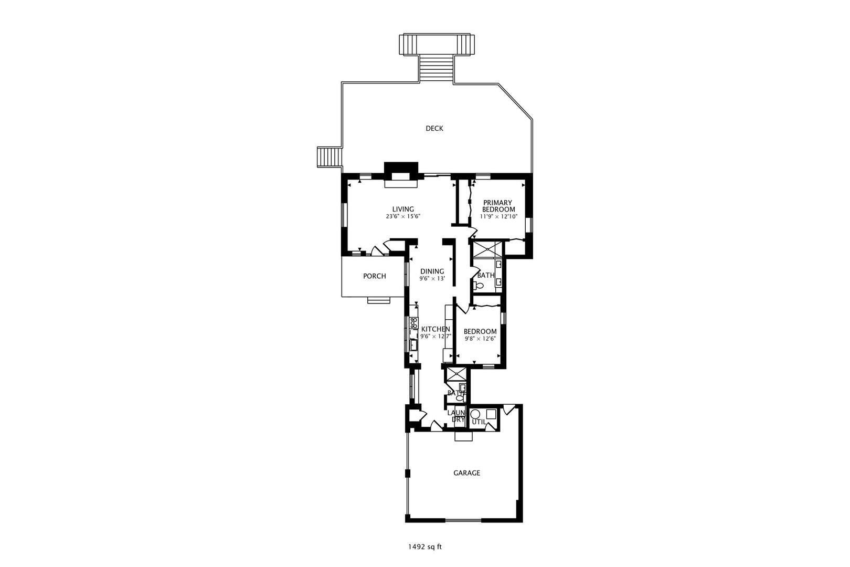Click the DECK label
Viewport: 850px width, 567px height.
434,128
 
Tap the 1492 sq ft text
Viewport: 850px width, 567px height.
425,547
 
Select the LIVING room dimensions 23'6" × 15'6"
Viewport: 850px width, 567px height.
403,216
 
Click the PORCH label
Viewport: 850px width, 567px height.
374,276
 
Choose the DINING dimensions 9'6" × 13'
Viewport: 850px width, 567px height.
432,279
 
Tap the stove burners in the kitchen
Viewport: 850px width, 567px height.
413,322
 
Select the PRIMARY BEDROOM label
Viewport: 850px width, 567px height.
498,206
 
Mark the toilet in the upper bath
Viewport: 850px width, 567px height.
479,286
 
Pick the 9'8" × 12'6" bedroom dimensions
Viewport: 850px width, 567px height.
480,339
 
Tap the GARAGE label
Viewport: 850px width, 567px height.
466,473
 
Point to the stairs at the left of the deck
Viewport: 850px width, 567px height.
329,157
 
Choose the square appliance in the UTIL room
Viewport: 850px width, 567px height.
491,414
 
